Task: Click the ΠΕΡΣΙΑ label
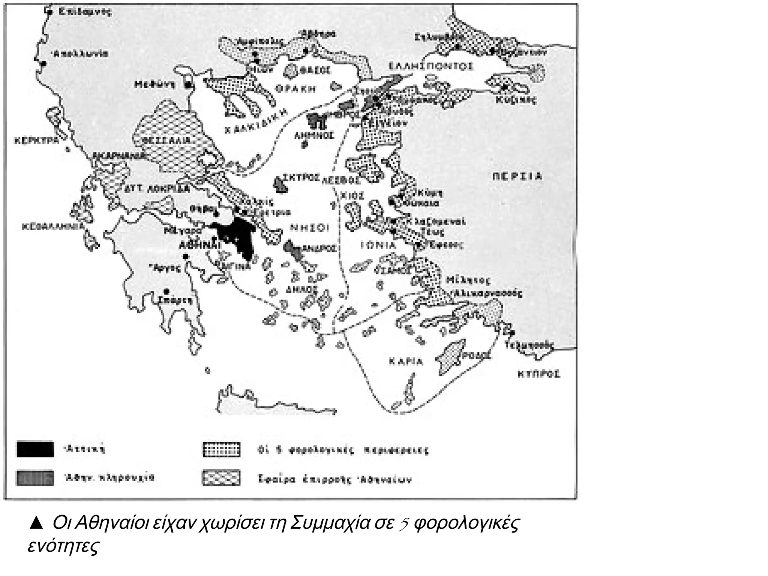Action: pos(517,176)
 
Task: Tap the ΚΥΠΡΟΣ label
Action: pos(539,374)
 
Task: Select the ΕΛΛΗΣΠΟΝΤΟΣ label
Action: pos(431,66)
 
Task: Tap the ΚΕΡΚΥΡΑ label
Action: pos(37,141)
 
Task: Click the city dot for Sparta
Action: pos(166,291)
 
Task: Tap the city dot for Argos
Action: pos(185,256)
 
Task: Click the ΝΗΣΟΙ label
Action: pos(310,228)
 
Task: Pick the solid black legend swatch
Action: pos(35,449)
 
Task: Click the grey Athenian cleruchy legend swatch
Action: pos(35,478)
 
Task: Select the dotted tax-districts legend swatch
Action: pos(221,449)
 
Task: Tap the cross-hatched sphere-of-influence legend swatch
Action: pos(221,478)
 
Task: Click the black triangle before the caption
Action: pos(36,523)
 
